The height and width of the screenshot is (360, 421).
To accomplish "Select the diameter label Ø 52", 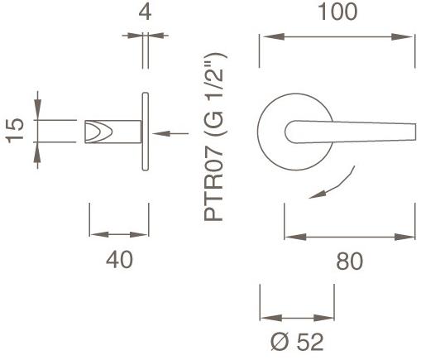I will [297, 340].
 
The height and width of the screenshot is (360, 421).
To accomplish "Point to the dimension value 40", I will [120, 260].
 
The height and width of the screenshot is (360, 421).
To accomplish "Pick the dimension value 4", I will [146, 12].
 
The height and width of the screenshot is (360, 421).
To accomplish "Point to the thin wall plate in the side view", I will [146, 132].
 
